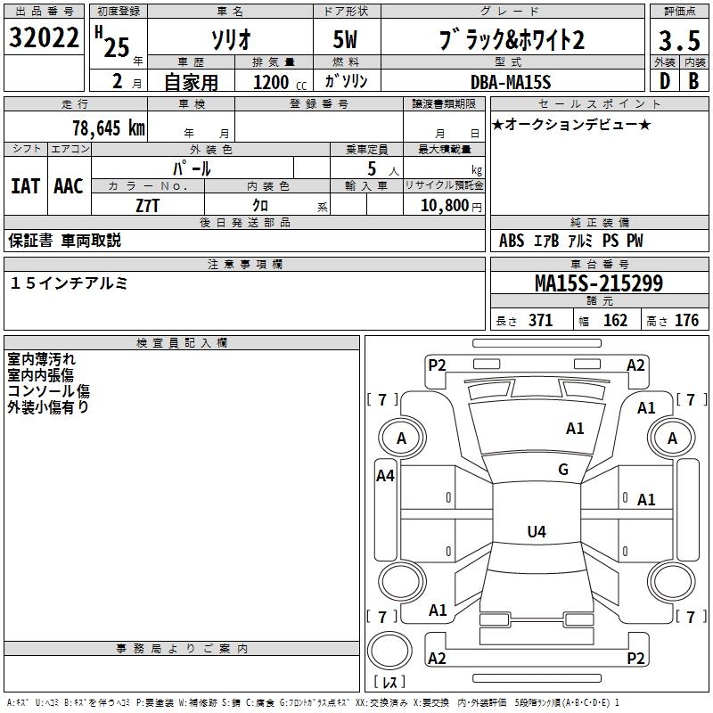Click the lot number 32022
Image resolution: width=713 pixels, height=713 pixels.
(44, 39)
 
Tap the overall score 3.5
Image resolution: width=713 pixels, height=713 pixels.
(678, 41)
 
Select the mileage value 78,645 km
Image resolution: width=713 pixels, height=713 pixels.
(108, 127)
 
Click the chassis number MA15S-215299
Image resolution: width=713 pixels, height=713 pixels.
(598, 283)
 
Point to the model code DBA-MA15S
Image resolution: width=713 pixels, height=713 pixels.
(511, 82)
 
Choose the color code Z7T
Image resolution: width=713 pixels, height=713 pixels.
(148, 204)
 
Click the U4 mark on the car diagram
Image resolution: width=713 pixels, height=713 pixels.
(536, 532)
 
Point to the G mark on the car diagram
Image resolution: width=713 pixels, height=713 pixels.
(563, 470)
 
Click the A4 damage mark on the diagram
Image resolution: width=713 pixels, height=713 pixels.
(385, 476)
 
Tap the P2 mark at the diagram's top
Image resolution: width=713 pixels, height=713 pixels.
(437, 365)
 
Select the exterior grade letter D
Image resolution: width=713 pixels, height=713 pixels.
(663, 81)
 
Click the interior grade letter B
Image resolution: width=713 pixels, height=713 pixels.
(693, 81)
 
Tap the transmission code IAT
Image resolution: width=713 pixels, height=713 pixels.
(25, 186)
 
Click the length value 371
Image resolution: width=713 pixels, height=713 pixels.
(540, 321)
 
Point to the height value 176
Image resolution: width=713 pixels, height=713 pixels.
(686, 321)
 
